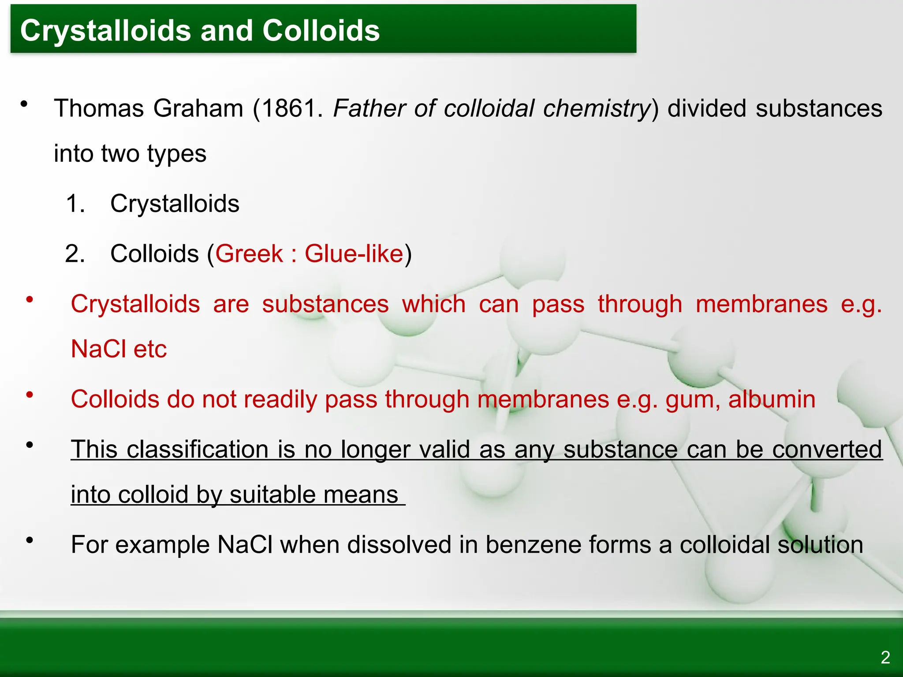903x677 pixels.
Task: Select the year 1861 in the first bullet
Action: point(291,108)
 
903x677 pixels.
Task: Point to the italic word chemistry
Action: point(597,108)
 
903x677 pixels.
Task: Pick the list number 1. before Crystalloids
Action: point(75,204)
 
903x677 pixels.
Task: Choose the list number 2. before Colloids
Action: point(75,254)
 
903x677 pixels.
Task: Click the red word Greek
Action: point(249,254)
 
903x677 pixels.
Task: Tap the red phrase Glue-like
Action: point(354,254)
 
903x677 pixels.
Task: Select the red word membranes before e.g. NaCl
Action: point(761,304)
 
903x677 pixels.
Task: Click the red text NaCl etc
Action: point(119,349)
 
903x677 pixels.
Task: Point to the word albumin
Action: point(772,399)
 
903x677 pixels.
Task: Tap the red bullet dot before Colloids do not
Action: point(30,395)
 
